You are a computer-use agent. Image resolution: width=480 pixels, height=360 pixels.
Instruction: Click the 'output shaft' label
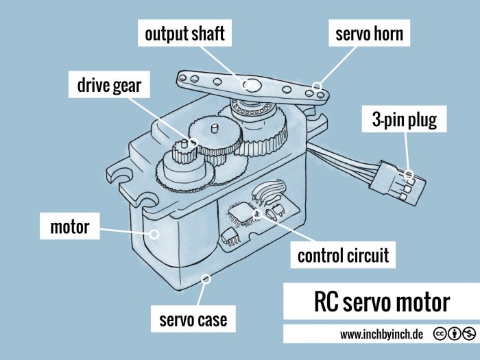pos(184,34)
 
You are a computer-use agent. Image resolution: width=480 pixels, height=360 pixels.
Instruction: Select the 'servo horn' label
pos(370,34)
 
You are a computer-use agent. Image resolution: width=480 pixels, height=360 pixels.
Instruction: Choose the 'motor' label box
pos(70,226)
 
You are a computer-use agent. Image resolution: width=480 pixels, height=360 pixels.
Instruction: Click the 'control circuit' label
pos(343,256)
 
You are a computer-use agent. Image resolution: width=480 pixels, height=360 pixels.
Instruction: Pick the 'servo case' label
pos(189,320)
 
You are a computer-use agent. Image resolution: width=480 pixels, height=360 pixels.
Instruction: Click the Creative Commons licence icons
pos(454,335)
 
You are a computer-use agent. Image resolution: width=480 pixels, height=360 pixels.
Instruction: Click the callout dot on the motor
pos(154,233)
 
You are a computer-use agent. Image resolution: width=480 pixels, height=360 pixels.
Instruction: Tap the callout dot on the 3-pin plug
pos(409,174)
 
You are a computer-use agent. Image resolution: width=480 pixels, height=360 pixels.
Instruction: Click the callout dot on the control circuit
pos(259,213)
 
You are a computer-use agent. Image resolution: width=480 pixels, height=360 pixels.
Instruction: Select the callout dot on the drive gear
pos(193,143)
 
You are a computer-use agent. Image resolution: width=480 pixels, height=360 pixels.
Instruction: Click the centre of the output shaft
pos(252,85)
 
